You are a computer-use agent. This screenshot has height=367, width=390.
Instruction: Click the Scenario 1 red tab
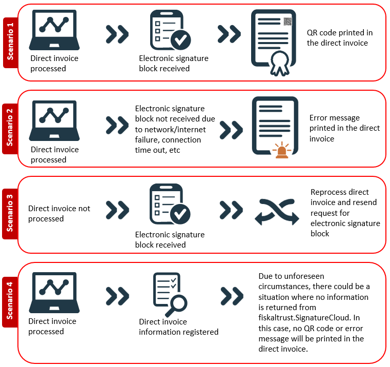coord(10,43)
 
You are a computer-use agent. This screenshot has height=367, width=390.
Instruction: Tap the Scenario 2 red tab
coord(10,129)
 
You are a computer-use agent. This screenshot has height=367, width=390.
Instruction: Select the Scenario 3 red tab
coord(10,214)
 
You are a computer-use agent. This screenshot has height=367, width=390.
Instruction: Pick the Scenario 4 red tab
coord(10,302)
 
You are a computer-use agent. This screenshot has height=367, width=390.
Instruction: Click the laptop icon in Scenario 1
coord(54,30)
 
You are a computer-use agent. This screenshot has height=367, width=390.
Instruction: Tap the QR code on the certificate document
coord(288,22)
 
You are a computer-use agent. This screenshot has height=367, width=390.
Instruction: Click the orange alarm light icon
coord(282,150)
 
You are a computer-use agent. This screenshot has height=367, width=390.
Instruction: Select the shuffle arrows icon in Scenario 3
coord(277,212)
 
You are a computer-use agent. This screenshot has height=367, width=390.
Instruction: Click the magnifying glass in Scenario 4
coord(176,306)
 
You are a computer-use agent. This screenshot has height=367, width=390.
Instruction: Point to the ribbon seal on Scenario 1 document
coord(280,64)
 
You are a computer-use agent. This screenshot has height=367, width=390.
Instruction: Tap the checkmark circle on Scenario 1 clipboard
coord(181,40)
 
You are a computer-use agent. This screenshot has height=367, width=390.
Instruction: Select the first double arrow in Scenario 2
coord(117,125)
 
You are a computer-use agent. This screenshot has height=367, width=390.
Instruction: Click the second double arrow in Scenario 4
coord(232,296)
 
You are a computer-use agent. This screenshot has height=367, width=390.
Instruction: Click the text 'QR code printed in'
coord(340,33)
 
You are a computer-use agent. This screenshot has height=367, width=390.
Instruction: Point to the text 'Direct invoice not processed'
coord(59,213)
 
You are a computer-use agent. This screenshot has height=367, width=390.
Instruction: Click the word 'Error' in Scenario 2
coord(317,118)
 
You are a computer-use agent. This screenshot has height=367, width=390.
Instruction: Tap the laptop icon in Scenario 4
coord(54,293)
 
